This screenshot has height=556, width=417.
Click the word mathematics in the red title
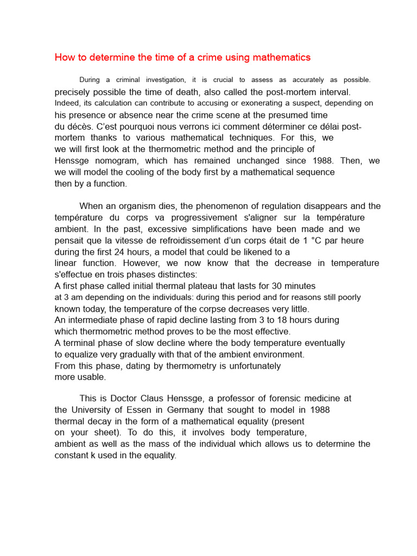(x=283, y=58)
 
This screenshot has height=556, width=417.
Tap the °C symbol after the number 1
(x=317, y=241)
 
